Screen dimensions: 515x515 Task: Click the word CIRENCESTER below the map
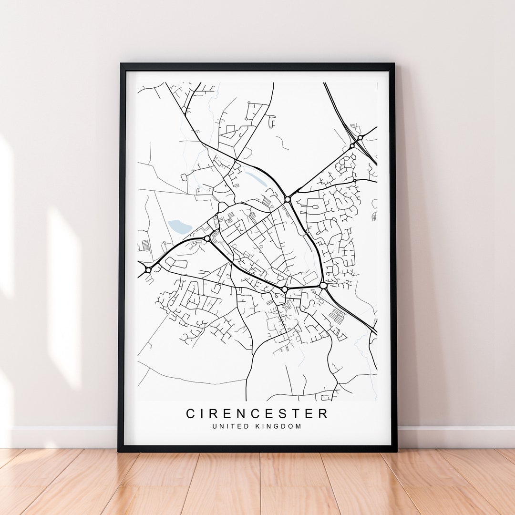point(257,413)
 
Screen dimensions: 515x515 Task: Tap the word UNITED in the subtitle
point(231,426)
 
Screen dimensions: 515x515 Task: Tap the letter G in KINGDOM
point(278,426)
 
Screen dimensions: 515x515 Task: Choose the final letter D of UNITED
point(247,426)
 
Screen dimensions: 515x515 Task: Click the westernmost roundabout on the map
point(148,270)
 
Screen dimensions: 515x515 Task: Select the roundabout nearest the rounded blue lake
point(207,238)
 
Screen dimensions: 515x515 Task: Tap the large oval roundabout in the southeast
point(323,285)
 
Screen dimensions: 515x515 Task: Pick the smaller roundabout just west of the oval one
point(285,289)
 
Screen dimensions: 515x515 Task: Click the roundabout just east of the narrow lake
point(288,199)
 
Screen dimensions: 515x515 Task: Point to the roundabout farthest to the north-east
point(360,138)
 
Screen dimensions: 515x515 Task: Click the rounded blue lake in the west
point(180,227)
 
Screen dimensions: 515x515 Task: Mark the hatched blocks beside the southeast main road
point(337,316)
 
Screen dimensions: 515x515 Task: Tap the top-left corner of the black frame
point(121,64)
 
